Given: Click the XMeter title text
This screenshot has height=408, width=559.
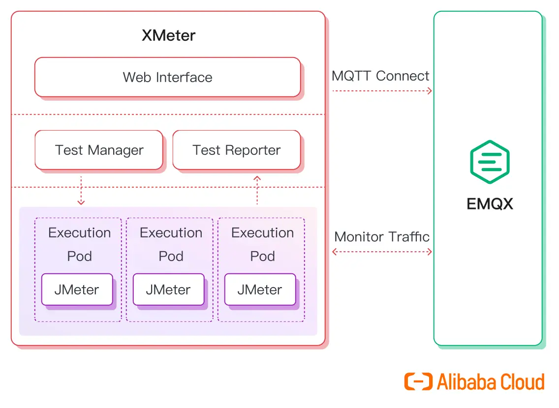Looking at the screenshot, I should [168, 36].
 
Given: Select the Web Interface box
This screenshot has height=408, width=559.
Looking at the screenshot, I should [167, 77].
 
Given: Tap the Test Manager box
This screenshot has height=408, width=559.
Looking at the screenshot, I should [99, 150].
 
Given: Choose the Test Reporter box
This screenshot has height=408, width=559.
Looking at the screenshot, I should [236, 150].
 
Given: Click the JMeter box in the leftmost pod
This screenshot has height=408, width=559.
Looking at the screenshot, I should [77, 290].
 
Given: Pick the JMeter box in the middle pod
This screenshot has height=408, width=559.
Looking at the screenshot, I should [168, 290].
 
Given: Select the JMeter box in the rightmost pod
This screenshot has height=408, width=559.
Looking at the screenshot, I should [260, 290].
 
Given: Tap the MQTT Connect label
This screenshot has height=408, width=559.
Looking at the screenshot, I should [380, 76].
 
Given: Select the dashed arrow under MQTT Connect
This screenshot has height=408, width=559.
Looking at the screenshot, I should [382, 91].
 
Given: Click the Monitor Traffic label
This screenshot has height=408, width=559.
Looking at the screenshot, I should [382, 237].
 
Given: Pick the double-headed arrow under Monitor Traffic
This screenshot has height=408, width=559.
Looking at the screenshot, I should [382, 252].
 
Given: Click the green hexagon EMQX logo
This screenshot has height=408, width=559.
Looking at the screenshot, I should [489, 162].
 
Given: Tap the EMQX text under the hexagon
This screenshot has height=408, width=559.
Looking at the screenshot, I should [490, 204].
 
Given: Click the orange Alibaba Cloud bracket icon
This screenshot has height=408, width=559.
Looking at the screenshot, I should [418, 382].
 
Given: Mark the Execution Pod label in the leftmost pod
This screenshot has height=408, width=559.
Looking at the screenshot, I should [79, 244].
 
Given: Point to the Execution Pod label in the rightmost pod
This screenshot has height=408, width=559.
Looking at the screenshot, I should [262, 244].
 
